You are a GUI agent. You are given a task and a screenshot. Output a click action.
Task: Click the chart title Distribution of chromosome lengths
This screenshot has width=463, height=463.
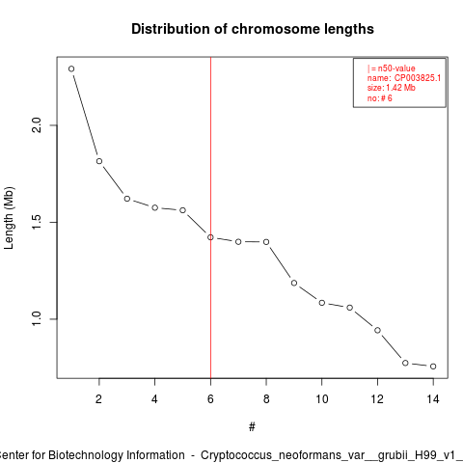point(253,29)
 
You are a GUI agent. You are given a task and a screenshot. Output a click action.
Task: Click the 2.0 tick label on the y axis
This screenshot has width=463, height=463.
point(37,125)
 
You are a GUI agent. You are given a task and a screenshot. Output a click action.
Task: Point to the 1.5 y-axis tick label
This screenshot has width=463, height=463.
point(37,222)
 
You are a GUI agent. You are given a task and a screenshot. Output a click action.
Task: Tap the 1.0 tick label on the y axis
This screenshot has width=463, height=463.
point(37,319)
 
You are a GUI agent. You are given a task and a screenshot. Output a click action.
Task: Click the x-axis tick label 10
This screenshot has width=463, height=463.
point(322,399)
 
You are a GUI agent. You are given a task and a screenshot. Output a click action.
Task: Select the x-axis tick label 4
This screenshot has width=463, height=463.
point(154,399)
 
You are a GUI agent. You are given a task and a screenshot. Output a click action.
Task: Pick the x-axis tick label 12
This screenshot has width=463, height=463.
point(377,399)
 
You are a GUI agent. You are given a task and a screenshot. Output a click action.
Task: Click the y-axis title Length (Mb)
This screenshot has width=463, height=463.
point(9,218)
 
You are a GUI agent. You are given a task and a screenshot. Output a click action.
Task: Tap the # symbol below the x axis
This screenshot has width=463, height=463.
point(252,427)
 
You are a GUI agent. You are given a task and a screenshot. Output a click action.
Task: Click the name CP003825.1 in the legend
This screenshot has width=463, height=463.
point(418,78)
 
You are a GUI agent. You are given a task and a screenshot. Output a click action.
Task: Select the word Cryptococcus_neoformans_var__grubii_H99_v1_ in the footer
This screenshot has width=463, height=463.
point(332,455)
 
